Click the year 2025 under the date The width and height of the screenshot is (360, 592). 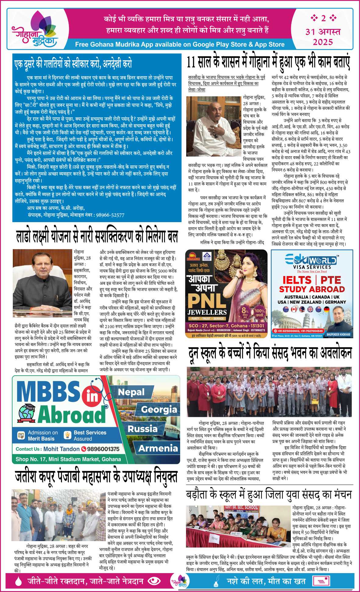323,42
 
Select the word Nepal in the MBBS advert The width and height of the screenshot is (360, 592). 131,392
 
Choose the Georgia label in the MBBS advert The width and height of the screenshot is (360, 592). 159,409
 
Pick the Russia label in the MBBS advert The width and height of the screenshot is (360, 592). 142,429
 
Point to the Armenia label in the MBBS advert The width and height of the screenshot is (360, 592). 158,448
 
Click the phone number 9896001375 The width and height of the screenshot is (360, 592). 103,449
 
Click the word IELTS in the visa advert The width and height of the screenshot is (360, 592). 297,280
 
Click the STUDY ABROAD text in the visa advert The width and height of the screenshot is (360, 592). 312,289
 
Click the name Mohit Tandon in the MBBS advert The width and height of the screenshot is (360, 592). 61,449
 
